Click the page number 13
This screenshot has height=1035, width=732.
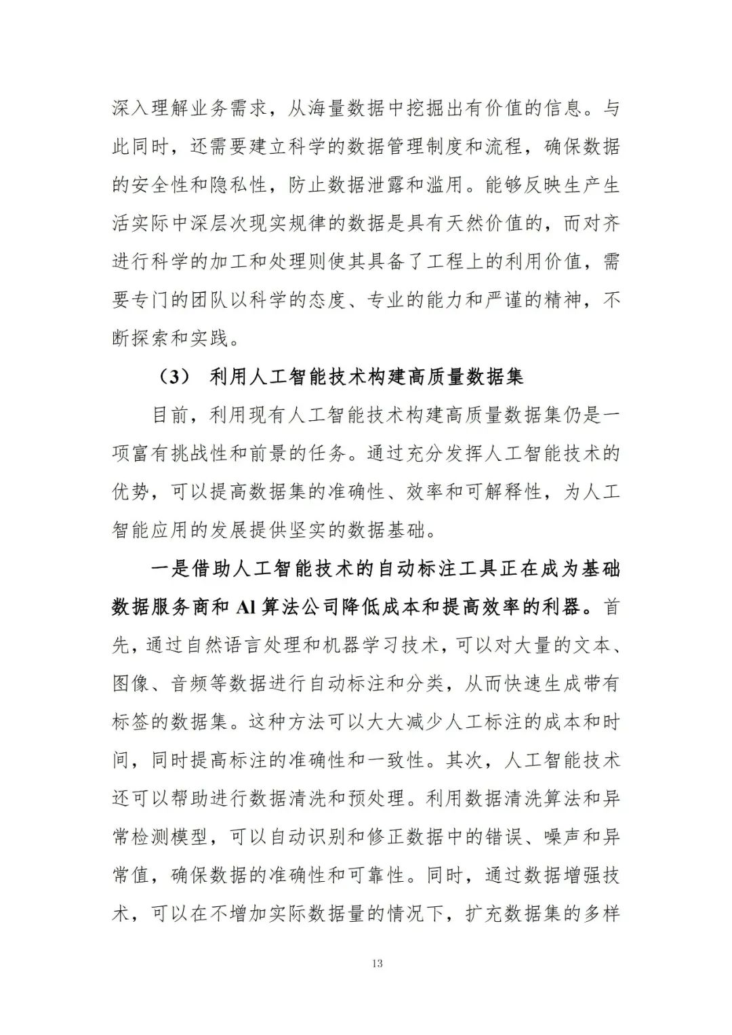click(378, 963)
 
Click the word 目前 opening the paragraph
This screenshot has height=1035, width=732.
click(171, 415)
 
